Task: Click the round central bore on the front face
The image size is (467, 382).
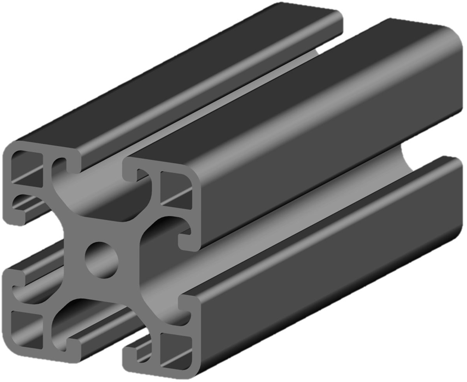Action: pyautogui.click(x=102, y=260)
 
